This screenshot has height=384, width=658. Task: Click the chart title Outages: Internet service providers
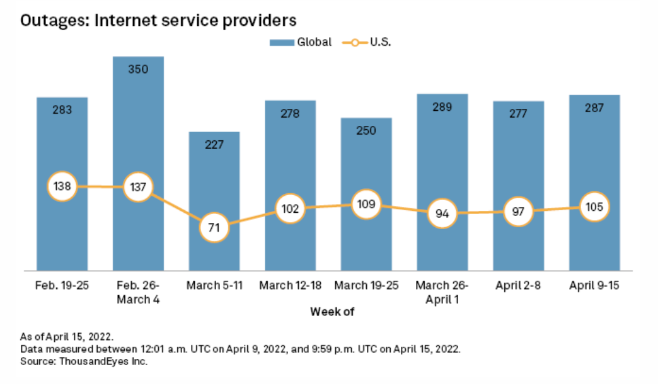tap(158, 20)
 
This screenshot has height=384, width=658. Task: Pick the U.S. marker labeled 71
tap(214, 229)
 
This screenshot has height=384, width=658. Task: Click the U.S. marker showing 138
tap(62, 186)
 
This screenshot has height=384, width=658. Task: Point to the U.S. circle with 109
tap(366, 204)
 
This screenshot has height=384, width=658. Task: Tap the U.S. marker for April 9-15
tap(594, 206)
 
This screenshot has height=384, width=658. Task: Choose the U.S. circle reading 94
tap(442, 213)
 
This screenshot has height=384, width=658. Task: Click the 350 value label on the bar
tap(138, 69)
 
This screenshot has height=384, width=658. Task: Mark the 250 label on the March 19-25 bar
tap(366, 130)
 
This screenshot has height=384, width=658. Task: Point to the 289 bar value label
tap(442, 107)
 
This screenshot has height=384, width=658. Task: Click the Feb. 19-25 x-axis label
tap(62, 286)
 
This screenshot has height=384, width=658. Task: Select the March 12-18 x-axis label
tap(290, 286)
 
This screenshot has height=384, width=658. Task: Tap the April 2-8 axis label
tap(518, 286)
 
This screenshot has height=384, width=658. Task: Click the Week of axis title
tap(328, 312)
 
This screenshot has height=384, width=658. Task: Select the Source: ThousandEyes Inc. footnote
tap(84, 362)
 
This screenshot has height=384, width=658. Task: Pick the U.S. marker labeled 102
tap(290, 208)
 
